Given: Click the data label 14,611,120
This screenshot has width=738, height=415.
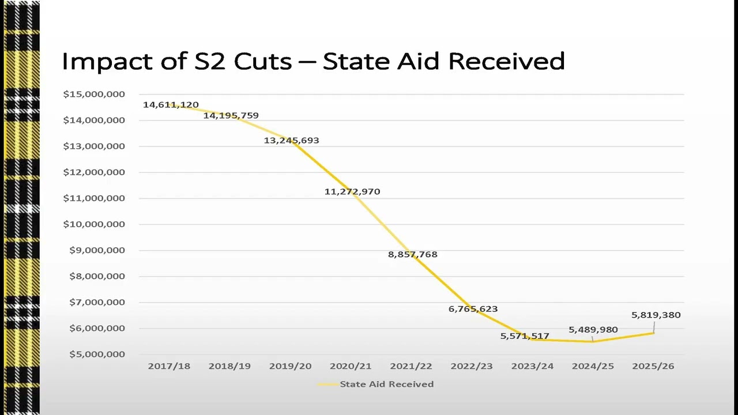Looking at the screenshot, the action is (171, 105).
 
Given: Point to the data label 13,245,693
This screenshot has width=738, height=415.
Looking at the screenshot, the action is (292, 141).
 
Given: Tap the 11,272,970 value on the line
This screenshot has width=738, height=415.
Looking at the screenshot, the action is (352, 192).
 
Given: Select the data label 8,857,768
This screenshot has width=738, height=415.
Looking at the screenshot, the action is (413, 255).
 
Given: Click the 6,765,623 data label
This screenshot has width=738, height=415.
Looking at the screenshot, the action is (473, 310).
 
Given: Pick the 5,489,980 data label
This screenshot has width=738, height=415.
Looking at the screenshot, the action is (593, 330).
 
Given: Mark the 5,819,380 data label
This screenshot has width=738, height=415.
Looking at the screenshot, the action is (656, 315).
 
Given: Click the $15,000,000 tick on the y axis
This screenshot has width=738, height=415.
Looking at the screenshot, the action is (94, 95).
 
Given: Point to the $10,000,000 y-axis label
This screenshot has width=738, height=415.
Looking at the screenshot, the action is (94, 224).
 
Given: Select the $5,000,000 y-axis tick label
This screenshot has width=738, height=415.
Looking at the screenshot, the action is (97, 354).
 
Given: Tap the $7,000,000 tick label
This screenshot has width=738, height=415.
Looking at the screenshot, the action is (97, 303).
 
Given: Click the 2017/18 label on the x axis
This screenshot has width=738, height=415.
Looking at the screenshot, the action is (169, 366).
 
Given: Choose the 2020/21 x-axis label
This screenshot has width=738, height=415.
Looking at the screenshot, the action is (351, 366).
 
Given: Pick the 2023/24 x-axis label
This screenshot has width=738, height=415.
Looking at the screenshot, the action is (532, 366).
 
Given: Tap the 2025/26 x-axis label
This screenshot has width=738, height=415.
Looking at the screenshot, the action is (653, 366).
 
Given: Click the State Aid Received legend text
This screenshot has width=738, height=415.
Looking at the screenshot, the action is (387, 384).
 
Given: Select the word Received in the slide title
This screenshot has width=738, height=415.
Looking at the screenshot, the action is (507, 61).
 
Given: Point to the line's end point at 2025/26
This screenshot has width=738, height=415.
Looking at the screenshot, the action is (654, 333).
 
